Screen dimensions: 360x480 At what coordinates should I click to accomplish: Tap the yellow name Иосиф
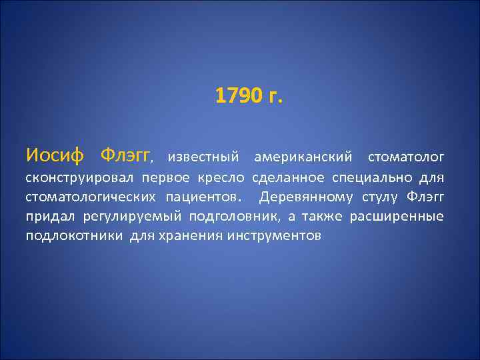[55, 156]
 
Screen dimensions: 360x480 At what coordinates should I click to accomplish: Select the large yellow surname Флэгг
[125, 156]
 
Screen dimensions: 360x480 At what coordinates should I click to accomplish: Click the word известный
[203, 157]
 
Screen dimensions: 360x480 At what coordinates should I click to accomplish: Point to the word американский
[303, 157]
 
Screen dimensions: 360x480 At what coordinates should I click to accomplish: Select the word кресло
[227, 178]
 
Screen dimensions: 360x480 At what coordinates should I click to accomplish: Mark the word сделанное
[288, 178]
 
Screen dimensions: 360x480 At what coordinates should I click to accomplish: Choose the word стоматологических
[91, 197]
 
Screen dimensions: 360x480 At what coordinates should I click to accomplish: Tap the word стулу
[381, 197]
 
